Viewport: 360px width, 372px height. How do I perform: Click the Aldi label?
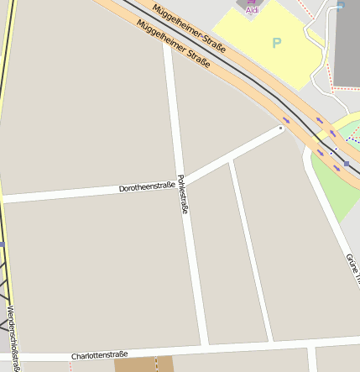tap(252, 10)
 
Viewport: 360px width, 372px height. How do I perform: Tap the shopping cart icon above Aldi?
tap(252, 2)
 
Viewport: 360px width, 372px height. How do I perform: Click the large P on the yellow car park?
tap(278, 42)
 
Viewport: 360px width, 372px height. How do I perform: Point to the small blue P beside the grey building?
tap(340, 5)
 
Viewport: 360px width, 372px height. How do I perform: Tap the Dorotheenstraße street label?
tap(147, 186)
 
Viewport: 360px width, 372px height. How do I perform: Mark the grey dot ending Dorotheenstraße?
tap(280, 128)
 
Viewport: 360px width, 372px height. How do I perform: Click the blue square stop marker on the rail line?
tap(346, 163)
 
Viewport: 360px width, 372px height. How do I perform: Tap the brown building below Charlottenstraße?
tap(143, 364)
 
